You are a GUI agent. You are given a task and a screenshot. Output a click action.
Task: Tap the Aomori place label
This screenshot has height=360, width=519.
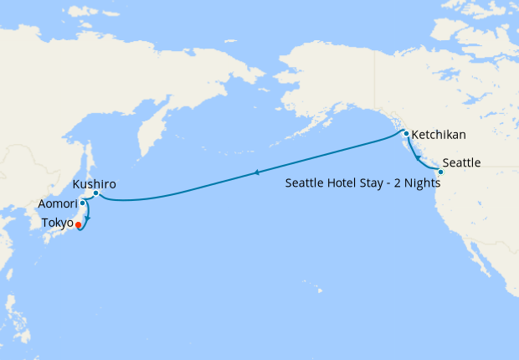point(57,204)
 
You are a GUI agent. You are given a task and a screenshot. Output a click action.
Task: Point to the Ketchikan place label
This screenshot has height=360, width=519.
point(439,134)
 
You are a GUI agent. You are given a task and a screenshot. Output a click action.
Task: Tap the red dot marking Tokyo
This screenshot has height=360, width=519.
point(78,224)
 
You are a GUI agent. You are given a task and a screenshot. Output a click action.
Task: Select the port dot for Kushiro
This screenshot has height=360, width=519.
point(96,194)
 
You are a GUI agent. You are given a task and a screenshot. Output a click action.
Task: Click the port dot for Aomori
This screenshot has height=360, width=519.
point(82,203)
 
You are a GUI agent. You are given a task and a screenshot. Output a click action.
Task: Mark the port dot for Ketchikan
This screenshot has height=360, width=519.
point(406,134)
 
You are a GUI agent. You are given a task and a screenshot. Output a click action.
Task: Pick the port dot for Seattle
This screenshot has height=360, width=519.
point(441,172)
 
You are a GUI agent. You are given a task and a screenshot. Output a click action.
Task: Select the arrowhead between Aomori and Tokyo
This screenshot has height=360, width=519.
point(87,219)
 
